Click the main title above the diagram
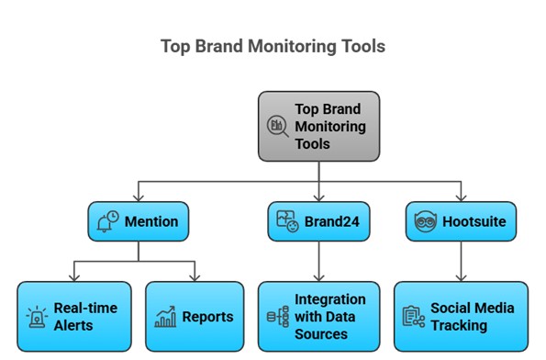click(273, 46)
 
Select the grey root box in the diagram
click(318, 126)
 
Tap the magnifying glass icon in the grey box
click(277, 126)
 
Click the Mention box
click(137, 222)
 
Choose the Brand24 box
click(318, 222)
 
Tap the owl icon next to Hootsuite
click(424, 222)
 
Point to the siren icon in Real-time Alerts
click(37, 317)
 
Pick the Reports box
click(195, 317)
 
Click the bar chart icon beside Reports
click(166, 318)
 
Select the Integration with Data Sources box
click(318, 317)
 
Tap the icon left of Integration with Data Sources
click(275, 317)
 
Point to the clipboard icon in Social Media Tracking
click(414, 317)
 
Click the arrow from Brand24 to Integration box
click(318, 262)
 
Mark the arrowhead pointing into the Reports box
click(195, 276)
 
